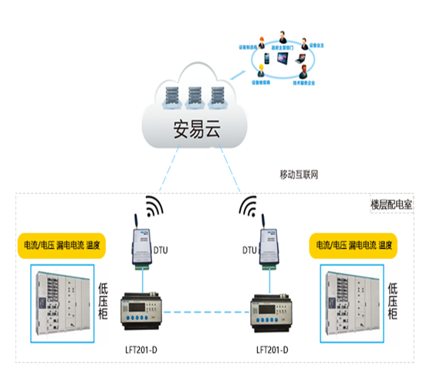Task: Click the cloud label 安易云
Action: (191, 128)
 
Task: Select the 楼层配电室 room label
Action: (392, 207)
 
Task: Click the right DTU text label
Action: (249, 250)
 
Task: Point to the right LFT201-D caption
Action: (273, 350)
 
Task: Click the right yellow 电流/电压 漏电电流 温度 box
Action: (355, 246)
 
